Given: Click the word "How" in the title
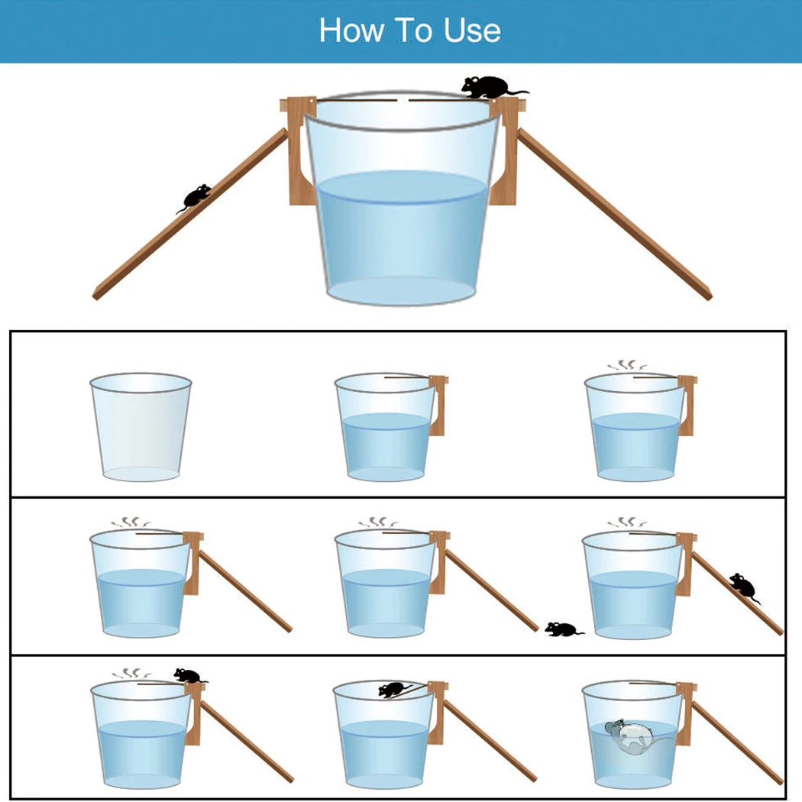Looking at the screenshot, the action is (x=351, y=31).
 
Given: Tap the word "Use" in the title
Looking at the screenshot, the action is (x=472, y=31).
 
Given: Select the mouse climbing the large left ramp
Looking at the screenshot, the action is (x=194, y=198).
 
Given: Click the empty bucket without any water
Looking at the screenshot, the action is (x=141, y=427).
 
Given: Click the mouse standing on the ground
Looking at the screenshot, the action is (x=563, y=629).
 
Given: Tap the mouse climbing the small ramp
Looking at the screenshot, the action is (x=743, y=587).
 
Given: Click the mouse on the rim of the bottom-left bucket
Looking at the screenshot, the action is (x=189, y=675).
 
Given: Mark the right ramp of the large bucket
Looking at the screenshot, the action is (x=614, y=214).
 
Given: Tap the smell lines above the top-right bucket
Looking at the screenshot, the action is (x=628, y=366).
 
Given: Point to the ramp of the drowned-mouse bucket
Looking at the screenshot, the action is (x=736, y=742).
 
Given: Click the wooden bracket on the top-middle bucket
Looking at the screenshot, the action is (x=438, y=405).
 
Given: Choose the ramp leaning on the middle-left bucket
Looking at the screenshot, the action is (x=244, y=590).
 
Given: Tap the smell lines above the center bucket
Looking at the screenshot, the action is (x=379, y=522).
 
